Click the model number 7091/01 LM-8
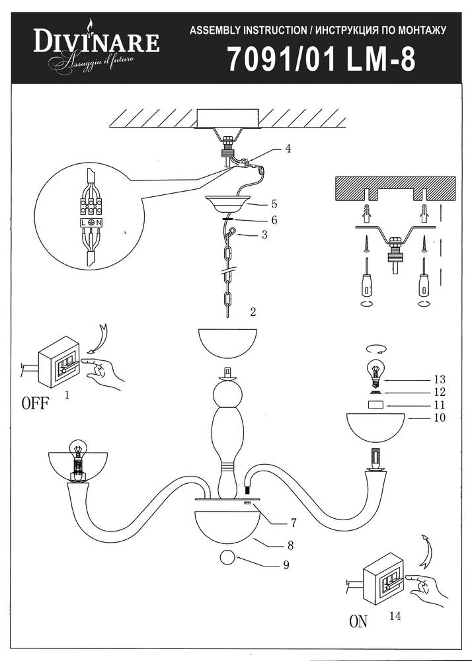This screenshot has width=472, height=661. click(x=321, y=59)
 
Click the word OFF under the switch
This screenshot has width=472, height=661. click(x=35, y=404)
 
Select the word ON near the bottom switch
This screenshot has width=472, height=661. click(x=358, y=621)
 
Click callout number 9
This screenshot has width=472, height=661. click(x=286, y=565)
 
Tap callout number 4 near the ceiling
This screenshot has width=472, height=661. click(x=288, y=149)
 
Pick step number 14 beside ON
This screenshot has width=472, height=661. click(x=395, y=616)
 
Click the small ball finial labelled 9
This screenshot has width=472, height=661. click(x=227, y=557)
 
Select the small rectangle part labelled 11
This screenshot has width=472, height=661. click(x=375, y=404)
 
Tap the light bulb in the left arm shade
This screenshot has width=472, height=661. click(x=78, y=450)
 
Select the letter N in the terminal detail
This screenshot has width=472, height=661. click(x=98, y=223)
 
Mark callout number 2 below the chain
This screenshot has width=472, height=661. click(x=253, y=311)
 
